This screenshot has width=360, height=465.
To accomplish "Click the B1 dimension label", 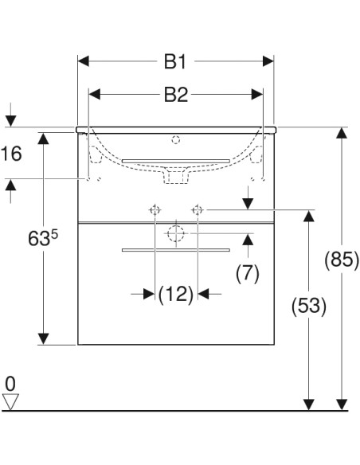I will [x=175, y=61].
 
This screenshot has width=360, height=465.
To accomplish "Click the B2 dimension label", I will [x=175, y=95].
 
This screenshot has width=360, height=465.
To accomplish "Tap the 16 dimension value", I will [x=11, y=154].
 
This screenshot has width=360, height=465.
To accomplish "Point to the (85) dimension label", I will [x=342, y=260].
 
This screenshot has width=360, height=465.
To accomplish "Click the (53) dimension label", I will [x=308, y=306].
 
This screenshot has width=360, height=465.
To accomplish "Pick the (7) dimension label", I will [x=248, y=274].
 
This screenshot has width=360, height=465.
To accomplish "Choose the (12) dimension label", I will [x=176, y=294].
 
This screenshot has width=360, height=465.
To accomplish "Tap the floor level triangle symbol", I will [x=10, y=402].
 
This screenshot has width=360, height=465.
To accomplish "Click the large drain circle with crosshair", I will [x=176, y=234].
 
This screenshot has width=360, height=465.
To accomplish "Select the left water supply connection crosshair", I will [x=154, y=209].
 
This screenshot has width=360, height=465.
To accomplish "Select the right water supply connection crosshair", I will [x=198, y=209].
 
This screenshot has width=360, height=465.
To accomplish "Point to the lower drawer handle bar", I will [x=176, y=249].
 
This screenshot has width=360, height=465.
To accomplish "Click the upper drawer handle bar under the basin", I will [x=176, y=161].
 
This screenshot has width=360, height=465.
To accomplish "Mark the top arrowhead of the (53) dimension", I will [x=308, y=216].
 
